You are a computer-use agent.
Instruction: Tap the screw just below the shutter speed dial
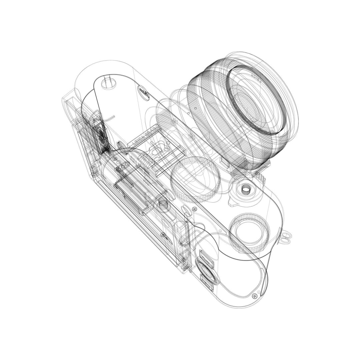(x=194, y=209)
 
